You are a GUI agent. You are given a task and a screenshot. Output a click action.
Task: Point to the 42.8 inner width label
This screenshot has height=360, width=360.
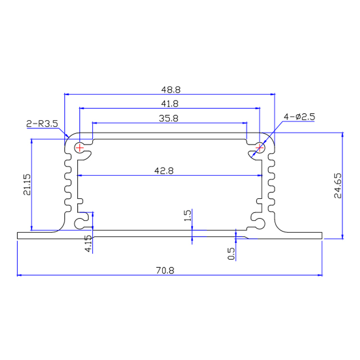170,170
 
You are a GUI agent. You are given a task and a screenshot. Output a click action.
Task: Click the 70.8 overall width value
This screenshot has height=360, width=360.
170,270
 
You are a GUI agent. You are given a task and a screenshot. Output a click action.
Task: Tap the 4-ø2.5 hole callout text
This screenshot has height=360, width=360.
300,117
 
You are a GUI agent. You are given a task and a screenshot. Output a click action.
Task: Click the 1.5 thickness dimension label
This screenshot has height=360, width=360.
187,216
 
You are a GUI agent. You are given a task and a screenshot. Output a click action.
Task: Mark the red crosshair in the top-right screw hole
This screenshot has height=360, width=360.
260,147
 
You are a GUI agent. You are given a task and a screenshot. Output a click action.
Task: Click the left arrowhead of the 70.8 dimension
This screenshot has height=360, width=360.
20,276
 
